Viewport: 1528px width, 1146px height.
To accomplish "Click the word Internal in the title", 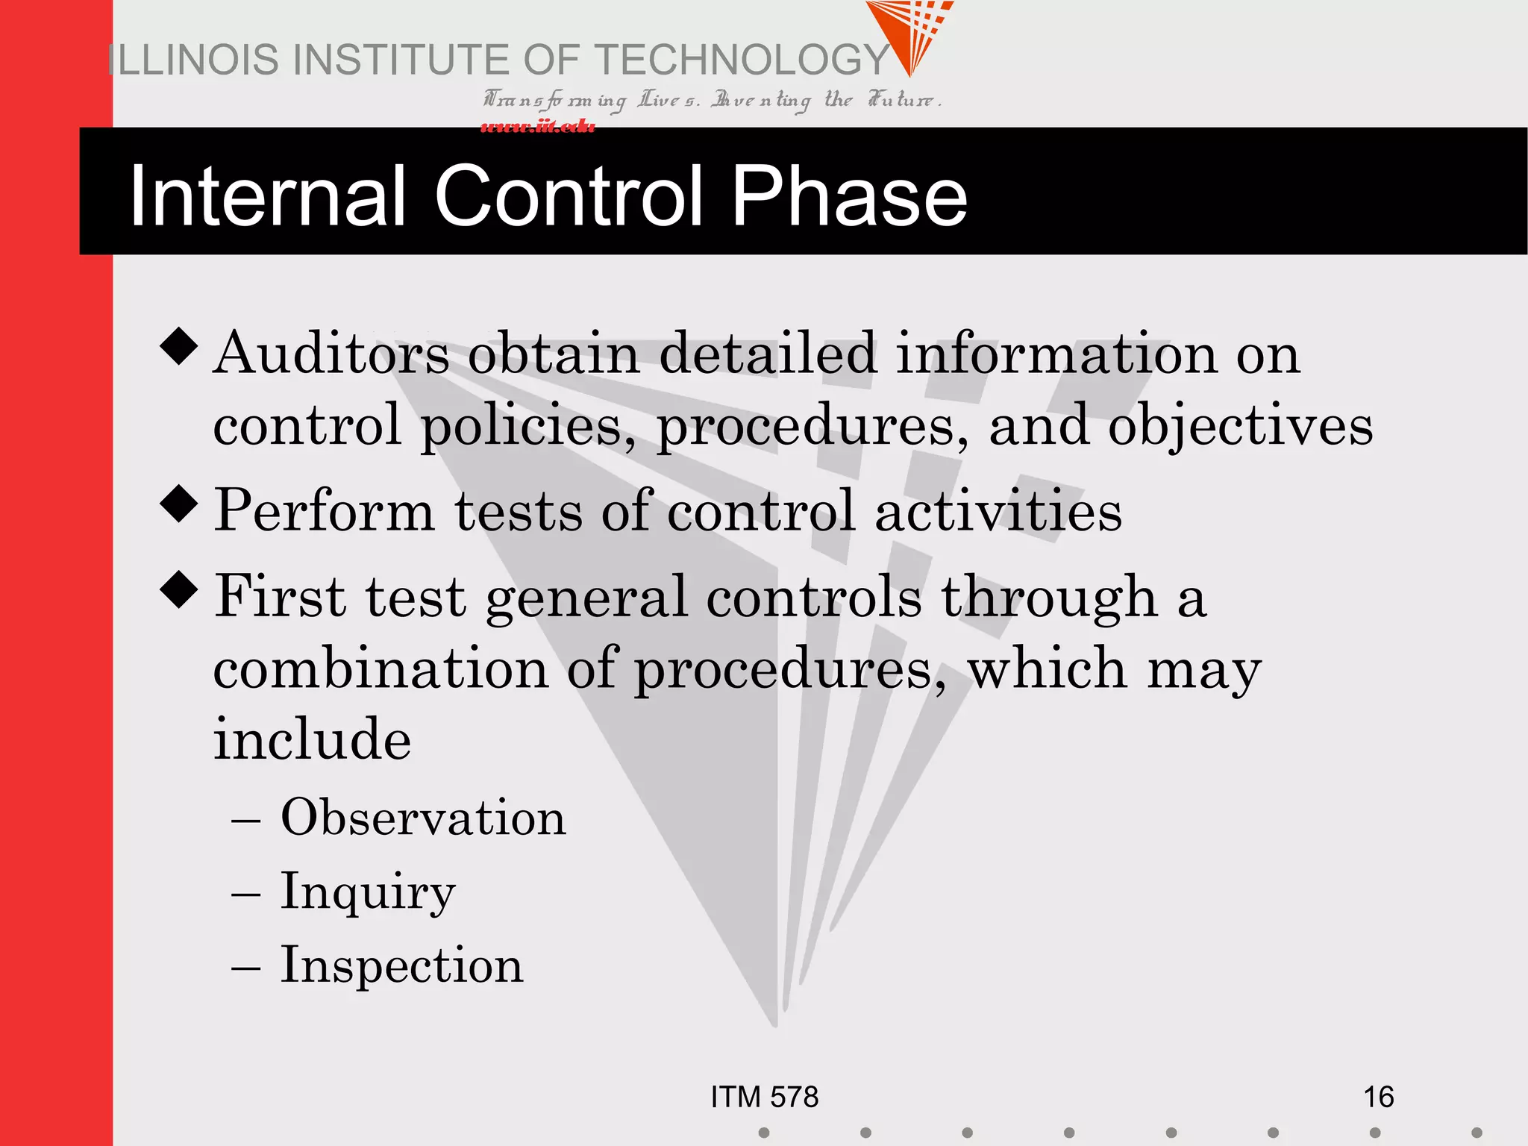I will [267, 195].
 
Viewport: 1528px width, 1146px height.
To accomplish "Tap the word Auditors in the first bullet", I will [331, 353].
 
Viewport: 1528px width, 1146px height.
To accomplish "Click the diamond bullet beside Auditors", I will [179, 346].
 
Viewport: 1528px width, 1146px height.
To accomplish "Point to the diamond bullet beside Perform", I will [179, 504].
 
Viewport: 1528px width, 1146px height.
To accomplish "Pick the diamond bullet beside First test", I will [179, 589].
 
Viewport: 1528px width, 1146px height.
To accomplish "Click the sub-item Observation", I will [423, 818].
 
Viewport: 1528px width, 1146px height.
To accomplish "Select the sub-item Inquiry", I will [367, 892].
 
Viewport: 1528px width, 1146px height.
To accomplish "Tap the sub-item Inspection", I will [401, 965].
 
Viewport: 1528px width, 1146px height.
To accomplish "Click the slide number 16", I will [1378, 1097].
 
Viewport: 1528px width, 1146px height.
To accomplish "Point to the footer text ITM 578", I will [764, 1097].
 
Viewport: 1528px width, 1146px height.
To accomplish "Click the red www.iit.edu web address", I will [537, 126].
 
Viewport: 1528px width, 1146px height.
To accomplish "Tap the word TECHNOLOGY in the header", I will [742, 60].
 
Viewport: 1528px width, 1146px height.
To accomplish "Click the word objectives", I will [1240, 425].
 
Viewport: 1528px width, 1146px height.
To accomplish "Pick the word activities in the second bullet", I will [998, 511].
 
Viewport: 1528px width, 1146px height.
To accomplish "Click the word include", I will [312, 739].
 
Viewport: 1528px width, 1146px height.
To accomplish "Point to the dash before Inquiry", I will [245, 894].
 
